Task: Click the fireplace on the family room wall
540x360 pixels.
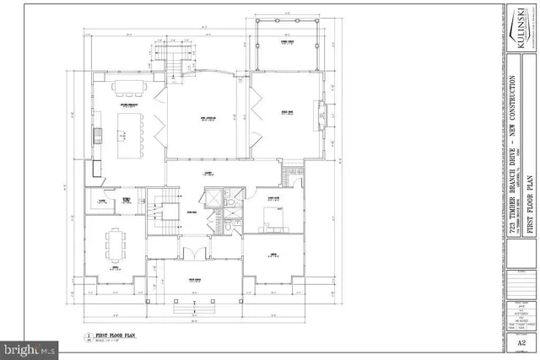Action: [321, 112]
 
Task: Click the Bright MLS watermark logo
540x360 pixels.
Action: [29, 347]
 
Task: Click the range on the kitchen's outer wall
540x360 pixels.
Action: [97, 134]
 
